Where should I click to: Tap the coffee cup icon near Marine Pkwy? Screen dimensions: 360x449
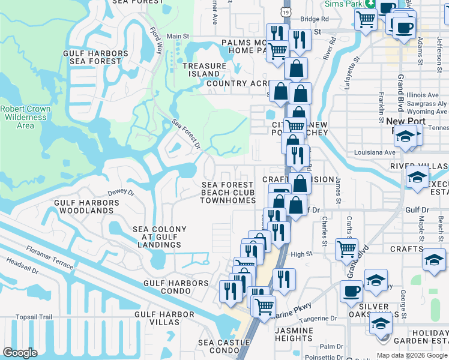pos(352,291)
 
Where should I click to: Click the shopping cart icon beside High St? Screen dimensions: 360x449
pos(346,248)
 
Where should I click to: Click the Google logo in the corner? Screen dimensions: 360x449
pos(20,353)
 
